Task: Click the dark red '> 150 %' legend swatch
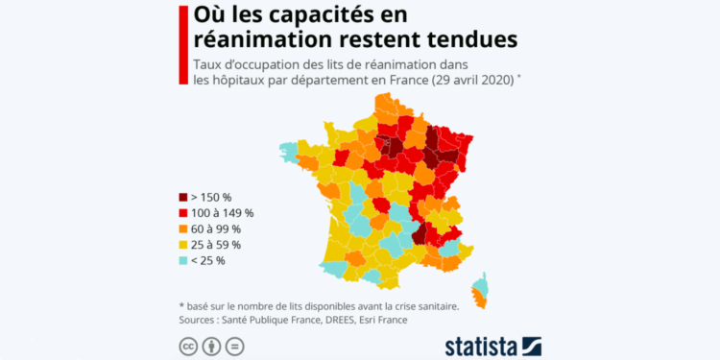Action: coord(183,197)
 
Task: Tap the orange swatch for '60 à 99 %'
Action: coord(183,229)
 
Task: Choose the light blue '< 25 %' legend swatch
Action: coord(183,261)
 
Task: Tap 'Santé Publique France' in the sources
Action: coord(272,320)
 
